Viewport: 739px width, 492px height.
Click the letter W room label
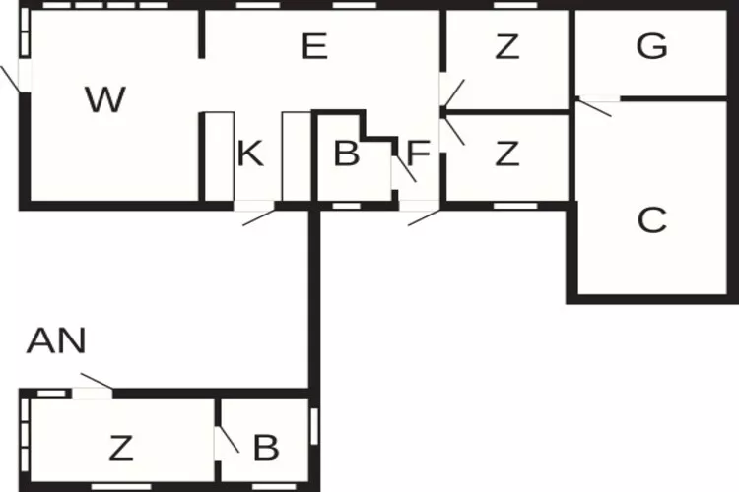[105, 99]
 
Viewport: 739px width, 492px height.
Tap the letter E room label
[314, 46]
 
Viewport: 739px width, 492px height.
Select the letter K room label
[250, 154]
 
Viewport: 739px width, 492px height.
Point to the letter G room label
[652, 46]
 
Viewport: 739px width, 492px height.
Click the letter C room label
[652, 219]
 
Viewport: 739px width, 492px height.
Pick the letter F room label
[418, 154]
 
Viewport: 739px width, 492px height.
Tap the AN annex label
[56, 340]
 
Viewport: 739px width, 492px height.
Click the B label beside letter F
[347, 154]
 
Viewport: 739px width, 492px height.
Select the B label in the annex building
[266, 448]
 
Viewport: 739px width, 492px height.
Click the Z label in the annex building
[121, 448]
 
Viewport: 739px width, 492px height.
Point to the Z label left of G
[507, 46]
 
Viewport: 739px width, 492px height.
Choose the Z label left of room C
[507, 154]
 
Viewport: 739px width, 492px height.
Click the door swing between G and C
[595, 107]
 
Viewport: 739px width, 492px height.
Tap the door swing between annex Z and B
[228, 439]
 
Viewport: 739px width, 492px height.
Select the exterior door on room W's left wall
[11, 79]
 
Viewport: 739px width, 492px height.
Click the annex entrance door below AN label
[97, 381]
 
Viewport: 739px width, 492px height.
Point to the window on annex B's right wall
[314, 426]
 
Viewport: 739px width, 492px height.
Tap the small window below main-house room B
[347, 206]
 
